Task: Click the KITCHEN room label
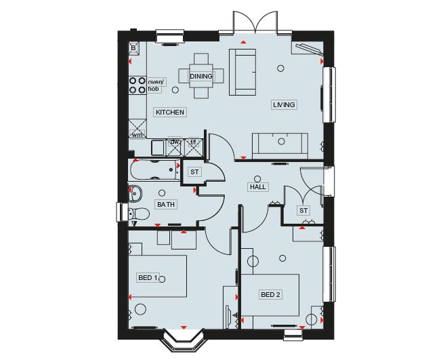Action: [x=170, y=113]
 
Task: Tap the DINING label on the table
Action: [x=201, y=77]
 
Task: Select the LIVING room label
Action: [x=284, y=105]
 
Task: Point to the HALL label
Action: [x=258, y=187]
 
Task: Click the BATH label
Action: [x=166, y=204]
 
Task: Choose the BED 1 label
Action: [x=148, y=277]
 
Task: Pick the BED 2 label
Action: [x=270, y=295]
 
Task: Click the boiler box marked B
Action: [x=133, y=48]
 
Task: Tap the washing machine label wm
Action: [x=137, y=135]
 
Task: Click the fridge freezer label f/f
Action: [x=193, y=141]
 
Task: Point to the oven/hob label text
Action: [x=156, y=85]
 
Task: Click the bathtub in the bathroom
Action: [x=153, y=170]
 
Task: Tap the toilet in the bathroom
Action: [x=139, y=214]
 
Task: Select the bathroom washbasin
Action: [x=135, y=194]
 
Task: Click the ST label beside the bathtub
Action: [x=194, y=172]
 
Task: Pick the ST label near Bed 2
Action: [x=303, y=211]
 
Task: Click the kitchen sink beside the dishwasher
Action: [x=158, y=148]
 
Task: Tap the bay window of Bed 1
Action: [x=184, y=340]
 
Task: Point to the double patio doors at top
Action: [x=255, y=22]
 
